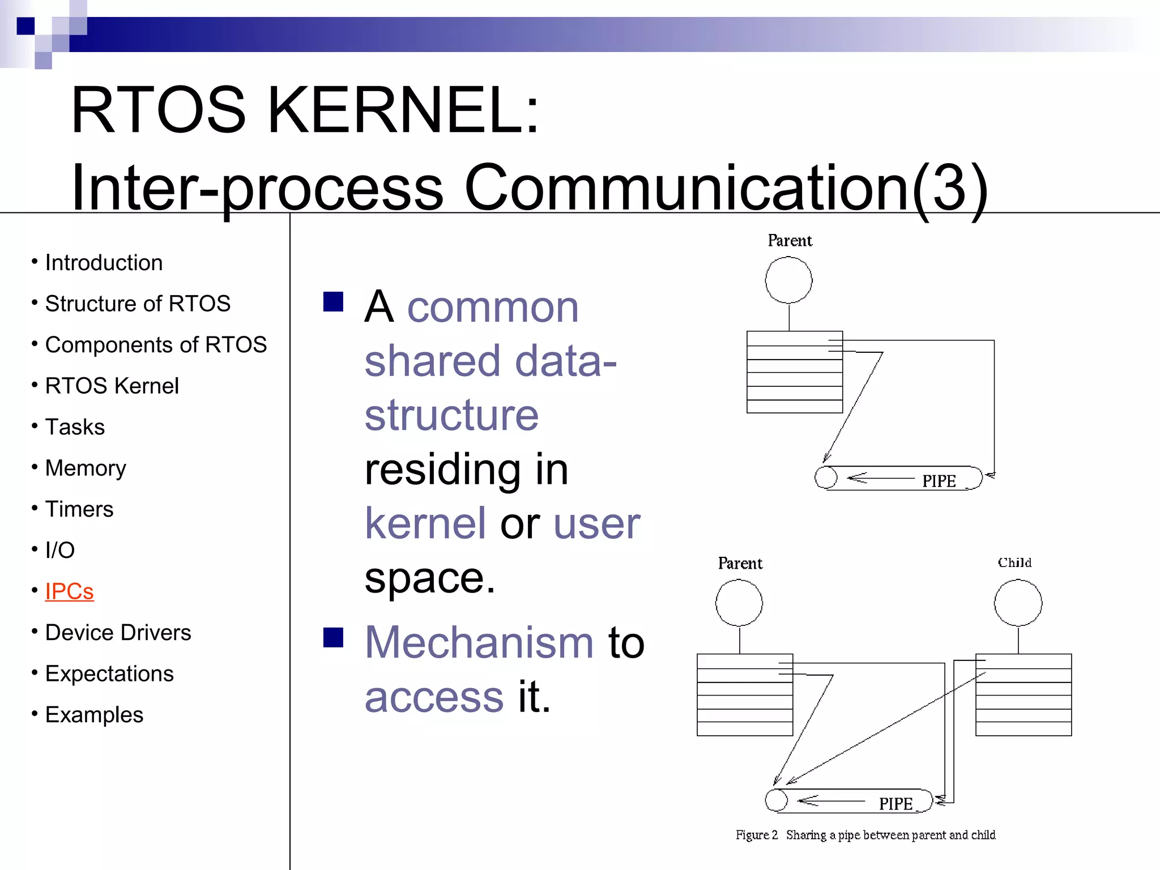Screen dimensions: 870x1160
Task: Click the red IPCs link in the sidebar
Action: point(69,591)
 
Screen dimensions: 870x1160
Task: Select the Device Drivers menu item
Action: point(118,633)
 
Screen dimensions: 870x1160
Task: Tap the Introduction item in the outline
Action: point(104,263)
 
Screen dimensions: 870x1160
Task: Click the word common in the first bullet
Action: point(493,307)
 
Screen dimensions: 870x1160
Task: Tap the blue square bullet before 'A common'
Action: point(333,302)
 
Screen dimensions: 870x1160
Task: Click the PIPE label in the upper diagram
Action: point(939,481)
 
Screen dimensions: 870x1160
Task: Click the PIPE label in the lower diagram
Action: point(895,804)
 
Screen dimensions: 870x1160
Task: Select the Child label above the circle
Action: point(1014,562)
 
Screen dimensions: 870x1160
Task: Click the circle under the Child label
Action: point(1018,603)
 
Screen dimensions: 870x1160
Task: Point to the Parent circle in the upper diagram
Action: point(788,280)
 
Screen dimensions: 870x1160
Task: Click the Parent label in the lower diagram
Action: point(740,563)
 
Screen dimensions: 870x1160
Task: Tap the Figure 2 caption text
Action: point(865,835)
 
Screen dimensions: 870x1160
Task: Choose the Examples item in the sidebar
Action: point(94,715)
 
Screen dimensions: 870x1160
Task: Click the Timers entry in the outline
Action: point(79,509)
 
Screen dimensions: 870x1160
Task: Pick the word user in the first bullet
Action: point(596,523)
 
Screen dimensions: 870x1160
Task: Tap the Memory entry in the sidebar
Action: point(86,468)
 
